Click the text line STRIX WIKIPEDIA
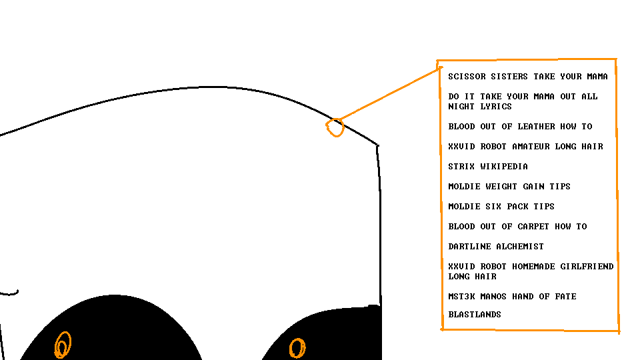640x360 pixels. pos(488,167)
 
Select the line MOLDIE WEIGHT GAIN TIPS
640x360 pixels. pos(509,187)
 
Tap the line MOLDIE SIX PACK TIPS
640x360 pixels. pos(501,207)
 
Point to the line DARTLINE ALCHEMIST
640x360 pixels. pos(496,247)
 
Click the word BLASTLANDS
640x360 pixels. pos(474,315)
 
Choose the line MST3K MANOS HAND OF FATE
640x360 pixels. pos(512,297)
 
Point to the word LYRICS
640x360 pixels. pos(496,107)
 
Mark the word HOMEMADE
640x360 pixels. pos(533,267)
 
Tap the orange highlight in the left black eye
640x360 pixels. pos(63,345)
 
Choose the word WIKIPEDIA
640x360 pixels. pos(504,167)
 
